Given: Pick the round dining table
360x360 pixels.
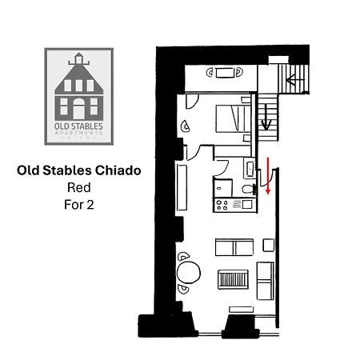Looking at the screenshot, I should pyautogui.click(x=189, y=273).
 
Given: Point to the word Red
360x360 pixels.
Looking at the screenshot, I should pyautogui.click(x=78, y=187).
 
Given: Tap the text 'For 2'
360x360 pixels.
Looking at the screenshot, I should pyautogui.click(x=78, y=205).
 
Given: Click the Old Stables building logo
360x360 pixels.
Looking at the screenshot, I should pyautogui.click(x=79, y=97).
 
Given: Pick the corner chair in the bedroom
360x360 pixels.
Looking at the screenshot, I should pyautogui.click(x=186, y=126).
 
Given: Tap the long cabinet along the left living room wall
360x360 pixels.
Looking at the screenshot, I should pyautogui.click(x=182, y=187).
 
